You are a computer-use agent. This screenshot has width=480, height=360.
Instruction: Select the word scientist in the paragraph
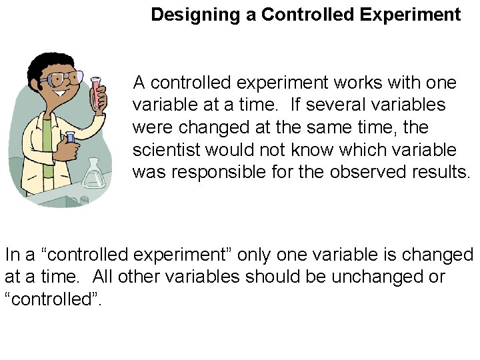pyautogui.click(x=167, y=150)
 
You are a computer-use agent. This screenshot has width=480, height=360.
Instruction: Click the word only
pyautogui.click(x=255, y=255)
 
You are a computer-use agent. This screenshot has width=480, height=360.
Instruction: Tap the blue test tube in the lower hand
pyautogui.click(x=70, y=141)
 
